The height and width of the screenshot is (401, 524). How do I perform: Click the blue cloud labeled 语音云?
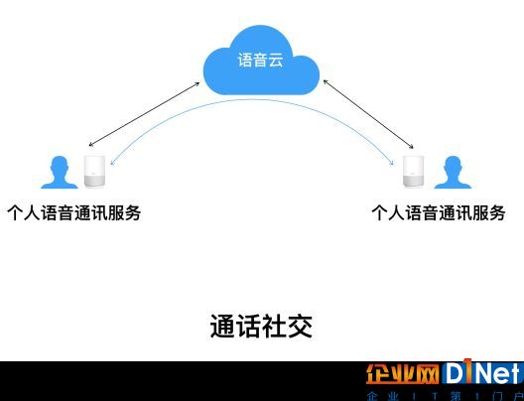click(x=261, y=61)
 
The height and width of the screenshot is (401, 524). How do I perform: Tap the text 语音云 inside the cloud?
click(x=261, y=61)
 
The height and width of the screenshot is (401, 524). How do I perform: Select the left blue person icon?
click(x=60, y=172)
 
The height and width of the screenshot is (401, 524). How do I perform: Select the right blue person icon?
click(x=453, y=172)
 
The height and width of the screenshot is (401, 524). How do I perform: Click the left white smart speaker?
click(x=94, y=171)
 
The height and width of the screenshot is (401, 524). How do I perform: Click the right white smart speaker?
click(x=414, y=171)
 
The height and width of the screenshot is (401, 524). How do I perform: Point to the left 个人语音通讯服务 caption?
click(x=73, y=212)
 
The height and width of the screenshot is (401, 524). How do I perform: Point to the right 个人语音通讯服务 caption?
click(x=438, y=212)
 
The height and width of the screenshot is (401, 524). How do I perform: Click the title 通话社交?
click(x=261, y=327)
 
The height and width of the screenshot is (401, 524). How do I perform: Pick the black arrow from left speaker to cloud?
click(x=144, y=114)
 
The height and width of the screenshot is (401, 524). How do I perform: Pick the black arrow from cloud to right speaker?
click(x=368, y=114)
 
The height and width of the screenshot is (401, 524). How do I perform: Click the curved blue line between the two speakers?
click(x=251, y=99)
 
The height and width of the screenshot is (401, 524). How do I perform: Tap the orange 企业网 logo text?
click(x=402, y=374)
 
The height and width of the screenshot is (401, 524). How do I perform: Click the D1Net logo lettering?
click(x=482, y=372)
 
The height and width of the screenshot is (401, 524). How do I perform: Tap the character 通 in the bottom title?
click(x=222, y=327)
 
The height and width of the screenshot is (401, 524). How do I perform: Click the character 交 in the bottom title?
click(x=301, y=327)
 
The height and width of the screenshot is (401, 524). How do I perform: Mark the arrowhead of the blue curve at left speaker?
click(x=111, y=164)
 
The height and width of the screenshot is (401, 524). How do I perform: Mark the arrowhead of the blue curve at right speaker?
click(x=392, y=163)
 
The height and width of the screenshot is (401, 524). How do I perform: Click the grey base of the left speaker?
click(x=94, y=181)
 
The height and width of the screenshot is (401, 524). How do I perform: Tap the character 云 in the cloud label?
click(x=276, y=61)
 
